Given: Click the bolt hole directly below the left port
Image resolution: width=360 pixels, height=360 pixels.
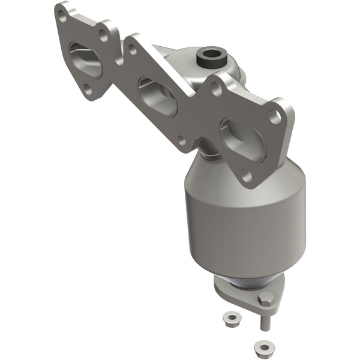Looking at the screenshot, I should (88, 90).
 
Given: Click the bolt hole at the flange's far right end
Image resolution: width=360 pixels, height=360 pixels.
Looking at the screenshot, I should (277, 118).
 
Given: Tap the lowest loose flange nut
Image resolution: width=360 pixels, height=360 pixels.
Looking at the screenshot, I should (261, 346).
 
